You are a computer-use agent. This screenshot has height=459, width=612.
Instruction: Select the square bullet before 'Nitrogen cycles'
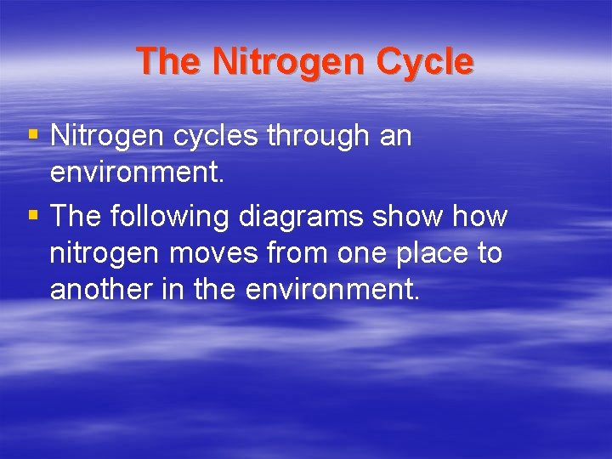coord(33,134)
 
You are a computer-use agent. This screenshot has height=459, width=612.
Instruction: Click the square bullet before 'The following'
coord(33,216)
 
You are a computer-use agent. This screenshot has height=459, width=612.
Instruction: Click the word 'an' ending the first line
coord(394,135)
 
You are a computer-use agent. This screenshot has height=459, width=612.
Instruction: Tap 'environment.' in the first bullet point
coord(138,173)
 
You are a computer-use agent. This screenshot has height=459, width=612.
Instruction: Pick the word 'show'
coord(407,217)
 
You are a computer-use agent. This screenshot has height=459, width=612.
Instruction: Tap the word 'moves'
coord(214,253)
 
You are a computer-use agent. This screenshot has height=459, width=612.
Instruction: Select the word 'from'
coord(298,253)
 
